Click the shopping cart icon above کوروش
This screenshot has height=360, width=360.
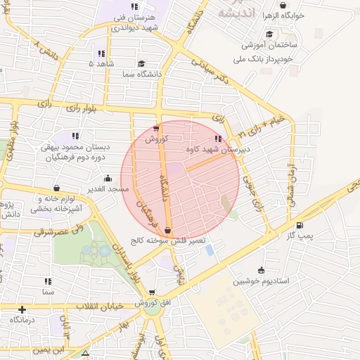(x=156, y=129)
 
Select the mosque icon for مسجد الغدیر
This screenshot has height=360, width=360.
(x=108, y=179)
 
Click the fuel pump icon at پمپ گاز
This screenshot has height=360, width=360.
(x=301, y=226)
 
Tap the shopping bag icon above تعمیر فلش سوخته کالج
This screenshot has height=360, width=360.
(x=167, y=230)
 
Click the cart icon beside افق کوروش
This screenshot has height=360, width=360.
(x=151, y=292)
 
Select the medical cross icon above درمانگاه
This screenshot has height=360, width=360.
(x=22, y=309)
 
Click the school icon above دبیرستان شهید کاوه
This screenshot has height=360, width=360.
(x=218, y=139)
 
